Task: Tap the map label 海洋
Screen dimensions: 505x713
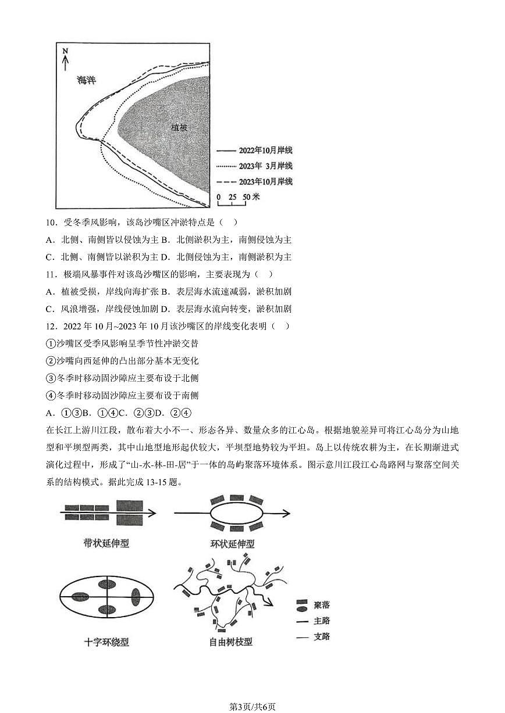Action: [x=86, y=81]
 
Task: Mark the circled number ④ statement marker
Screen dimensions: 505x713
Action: [x=49, y=395]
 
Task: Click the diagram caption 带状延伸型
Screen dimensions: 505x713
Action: [x=106, y=543]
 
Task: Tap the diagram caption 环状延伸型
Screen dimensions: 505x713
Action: [x=232, y=544]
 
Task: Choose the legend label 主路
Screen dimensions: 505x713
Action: [x=321, y=621]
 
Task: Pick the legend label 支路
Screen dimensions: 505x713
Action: [x=321, y=637]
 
